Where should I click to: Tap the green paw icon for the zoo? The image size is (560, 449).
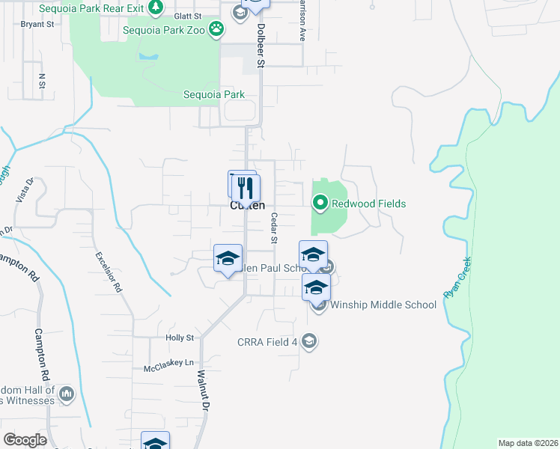[216, 29]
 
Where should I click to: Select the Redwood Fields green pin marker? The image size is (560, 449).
[320, 203]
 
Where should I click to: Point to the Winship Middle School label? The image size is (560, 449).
[383, 305]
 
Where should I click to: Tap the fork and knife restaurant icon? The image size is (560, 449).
[246, 188]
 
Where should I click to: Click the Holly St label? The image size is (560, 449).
[180, 338]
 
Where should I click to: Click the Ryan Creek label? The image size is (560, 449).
[458, 278]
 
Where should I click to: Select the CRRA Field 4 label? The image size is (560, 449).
[268, 342]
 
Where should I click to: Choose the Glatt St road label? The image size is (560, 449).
[187, 16]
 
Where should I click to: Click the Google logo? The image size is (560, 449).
[25, 440]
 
